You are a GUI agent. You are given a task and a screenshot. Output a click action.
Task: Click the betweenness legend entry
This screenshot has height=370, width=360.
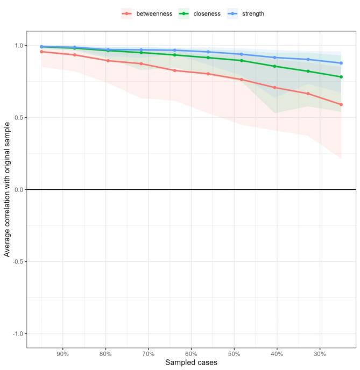click(x=147, y=13)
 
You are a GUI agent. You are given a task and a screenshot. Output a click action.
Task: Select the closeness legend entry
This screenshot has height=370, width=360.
click(x=200, y=13)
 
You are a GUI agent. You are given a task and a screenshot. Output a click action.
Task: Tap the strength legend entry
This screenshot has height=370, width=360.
click(x=246, y=13)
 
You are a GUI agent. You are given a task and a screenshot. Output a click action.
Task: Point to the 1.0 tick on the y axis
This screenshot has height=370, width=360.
click(x=18, y=46)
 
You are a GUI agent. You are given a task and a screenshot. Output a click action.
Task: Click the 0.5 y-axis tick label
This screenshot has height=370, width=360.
click(x=18, y=118)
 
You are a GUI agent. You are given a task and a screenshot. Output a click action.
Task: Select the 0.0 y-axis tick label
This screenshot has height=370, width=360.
click(x=18, y=190)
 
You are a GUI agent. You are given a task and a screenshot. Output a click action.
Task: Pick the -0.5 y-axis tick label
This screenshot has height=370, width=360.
click(x=17, y=262)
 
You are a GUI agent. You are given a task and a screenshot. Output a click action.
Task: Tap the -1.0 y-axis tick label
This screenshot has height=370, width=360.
click(x=17, y=334)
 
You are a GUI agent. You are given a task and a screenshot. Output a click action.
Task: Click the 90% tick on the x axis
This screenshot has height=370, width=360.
click(x=63, y=354)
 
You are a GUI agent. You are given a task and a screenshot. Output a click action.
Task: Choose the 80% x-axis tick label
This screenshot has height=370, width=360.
click(x=105, y=354)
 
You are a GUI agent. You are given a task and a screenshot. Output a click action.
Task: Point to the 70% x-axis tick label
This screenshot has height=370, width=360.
click(x=149, y=354)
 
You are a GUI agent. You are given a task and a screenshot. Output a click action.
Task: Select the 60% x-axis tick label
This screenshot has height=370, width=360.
click(x=191, y=354)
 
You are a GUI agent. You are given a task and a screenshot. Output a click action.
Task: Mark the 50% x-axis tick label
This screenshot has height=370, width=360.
click(x=234, y=354)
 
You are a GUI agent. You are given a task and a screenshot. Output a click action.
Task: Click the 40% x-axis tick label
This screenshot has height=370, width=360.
click(x=277, y=354)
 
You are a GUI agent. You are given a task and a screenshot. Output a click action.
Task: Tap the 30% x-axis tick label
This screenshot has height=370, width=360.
click(x=320, y=354)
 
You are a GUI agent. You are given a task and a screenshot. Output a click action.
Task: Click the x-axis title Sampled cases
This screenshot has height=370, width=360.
click(x=191, y=363)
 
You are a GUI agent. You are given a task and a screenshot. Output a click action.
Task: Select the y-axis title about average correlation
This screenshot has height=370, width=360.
click(x=7, y=189)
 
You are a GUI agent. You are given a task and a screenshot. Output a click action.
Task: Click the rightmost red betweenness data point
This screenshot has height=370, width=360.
click(x=341, y=105)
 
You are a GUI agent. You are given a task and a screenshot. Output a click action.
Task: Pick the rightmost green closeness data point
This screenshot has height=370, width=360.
click(x=341, y=77)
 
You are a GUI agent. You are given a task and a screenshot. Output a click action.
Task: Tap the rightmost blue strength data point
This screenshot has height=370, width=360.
click(x=341, y=63)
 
